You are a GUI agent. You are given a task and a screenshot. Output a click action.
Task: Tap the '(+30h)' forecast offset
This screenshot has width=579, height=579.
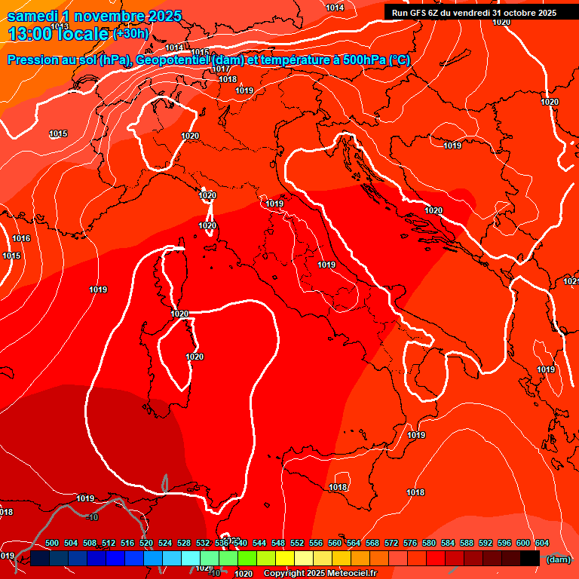(130, 34)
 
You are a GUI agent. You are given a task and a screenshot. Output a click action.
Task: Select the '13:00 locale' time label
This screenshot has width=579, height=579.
(58, 34)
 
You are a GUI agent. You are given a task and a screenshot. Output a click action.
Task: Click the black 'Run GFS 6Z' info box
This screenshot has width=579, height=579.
(474, 12)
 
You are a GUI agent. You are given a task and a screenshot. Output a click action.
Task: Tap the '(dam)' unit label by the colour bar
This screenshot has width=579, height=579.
(558, 559)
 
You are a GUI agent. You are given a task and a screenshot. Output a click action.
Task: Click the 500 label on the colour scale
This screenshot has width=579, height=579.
(52, 544)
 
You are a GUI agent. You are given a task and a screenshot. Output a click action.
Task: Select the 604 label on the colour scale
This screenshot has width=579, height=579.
(542, 544)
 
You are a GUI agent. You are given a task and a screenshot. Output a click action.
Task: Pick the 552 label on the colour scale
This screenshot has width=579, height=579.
(297, 544)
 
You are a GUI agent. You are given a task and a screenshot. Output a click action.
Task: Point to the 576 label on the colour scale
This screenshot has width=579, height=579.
(410, 544)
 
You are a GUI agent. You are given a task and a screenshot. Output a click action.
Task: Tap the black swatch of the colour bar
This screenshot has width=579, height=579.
(530, 558)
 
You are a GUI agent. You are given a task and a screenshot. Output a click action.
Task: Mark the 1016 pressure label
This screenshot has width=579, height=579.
(21, 238)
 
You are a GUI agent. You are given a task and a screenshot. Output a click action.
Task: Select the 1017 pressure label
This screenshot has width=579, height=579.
(221, 69)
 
